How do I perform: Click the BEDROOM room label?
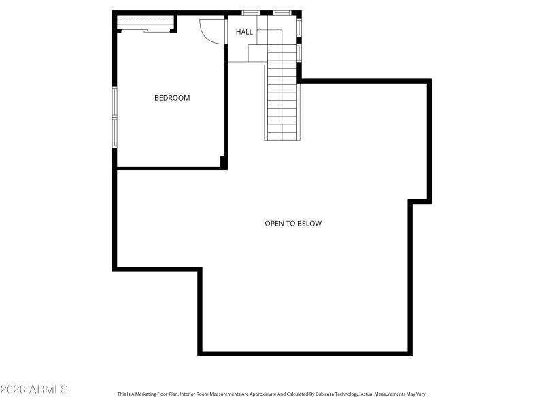coord(172,98)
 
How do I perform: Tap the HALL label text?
coord(244,32)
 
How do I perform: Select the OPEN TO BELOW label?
coord(293,223)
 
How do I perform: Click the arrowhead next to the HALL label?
coord(258,30)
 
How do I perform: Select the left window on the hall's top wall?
coord(251,12)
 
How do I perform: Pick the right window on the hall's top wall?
coord(282,12)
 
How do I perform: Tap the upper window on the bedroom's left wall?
coord(115,102)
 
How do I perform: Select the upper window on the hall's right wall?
coord(299,28)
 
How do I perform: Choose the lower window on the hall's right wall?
coord(299,52)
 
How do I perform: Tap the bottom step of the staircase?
coord(282,136)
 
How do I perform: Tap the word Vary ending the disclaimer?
coord(420,394)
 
